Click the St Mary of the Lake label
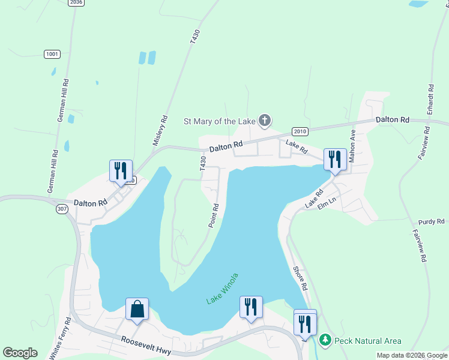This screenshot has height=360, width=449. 219,121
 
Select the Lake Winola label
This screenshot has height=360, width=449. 223,289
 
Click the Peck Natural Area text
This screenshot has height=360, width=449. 368,341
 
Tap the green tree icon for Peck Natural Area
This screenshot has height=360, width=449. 325,340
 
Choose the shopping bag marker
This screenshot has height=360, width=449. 137,310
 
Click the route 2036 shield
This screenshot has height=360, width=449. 76,2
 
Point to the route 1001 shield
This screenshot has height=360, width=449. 52,54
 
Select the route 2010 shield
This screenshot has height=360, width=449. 300,131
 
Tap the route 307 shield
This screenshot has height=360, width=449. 62,208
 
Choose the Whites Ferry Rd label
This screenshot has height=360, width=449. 61,338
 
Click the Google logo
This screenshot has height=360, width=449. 20,353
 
